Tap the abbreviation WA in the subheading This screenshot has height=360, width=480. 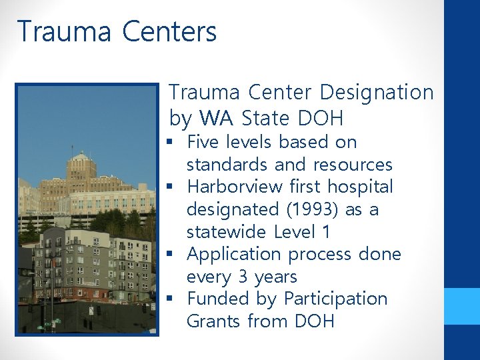pos(218,119)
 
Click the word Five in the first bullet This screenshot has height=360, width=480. pos(202,142)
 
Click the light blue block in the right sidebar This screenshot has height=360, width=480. pos(462,306)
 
